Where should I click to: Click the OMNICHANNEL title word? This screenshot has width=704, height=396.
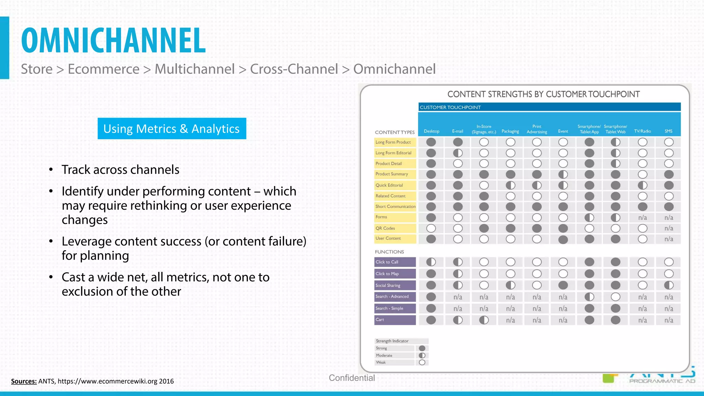pyautogui.click(x=113, y=41)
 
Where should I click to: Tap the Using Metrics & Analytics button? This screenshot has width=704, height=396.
pyautogui.click(x=172, y=129)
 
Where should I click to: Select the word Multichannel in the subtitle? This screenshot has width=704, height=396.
pyautogui.click(x=195, y=69)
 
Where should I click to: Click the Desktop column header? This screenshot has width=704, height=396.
pyautogui.click(x=431, y=131)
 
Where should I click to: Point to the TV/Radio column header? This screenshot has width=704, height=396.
pyautogui.click(x=642, y=131)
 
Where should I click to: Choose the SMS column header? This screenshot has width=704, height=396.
pyautogui.click(x=668, y=131)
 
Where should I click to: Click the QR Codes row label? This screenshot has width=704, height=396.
pyautogui.click(x=385, y=228)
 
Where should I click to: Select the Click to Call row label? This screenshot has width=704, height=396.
pyautogui.click(x=387, y=262)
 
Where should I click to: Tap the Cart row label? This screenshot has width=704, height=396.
pyautogui.click(x=380, y=320)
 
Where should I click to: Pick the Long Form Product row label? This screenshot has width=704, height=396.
pyautogui.click(x=393, y=142)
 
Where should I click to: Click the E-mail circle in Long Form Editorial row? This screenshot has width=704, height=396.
pyautogui.click(x=458, y=153)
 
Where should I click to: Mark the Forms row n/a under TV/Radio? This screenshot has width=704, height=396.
pyautogui.click(x=642, y=218)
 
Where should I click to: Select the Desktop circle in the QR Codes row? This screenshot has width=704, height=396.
pyautogui.click(x=431, y=228)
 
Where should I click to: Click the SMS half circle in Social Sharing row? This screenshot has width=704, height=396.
pyautogui.click(x=669, y=285)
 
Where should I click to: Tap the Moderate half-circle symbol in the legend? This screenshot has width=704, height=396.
pyautogui.click(x=422, y=355)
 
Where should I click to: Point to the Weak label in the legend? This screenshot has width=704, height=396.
pyautogui.click(x=381, y=362)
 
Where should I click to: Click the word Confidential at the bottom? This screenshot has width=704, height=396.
pyautogui.click(x=352, y=378)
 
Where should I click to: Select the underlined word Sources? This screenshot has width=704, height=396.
pyautogui.click(x=24, y=381)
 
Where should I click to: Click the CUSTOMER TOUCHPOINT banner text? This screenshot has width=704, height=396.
pyautogui.click(x=450, y=107)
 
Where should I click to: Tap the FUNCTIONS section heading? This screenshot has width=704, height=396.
pyautogui.click(x=389, y=252)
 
